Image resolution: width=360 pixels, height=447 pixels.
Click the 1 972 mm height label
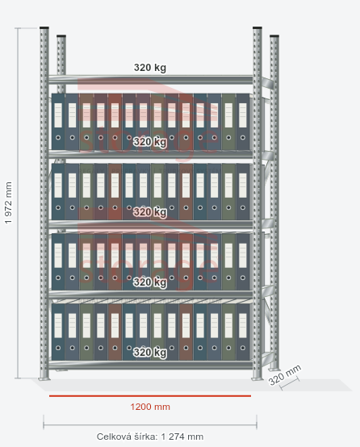[9, 203]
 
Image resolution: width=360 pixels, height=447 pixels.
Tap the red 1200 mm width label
[150, 407]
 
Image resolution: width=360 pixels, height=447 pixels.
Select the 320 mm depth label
[284, 375]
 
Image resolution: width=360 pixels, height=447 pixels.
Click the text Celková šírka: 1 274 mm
[150, 437]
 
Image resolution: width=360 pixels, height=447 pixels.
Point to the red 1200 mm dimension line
[150, 395]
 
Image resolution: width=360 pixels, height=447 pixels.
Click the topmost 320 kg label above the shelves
[150, 68]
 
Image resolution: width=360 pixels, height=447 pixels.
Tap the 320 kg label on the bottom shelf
[150, 353]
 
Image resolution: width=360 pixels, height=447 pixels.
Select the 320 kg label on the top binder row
[150, 142]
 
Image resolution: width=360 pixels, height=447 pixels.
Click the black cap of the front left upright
[44, 28]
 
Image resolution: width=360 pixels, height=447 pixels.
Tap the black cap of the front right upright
[257, 28]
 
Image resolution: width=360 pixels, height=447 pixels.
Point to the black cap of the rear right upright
[274, 36]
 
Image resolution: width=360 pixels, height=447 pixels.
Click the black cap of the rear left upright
[61, 36]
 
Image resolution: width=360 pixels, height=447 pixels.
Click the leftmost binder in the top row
[58, 122]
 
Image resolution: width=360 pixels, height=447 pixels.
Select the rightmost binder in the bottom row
[243, 332]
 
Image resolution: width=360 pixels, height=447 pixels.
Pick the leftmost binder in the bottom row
[58, 332]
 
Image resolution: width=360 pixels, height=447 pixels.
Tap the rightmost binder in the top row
[243, 122]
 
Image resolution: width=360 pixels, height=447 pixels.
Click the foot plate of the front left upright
[44, 378]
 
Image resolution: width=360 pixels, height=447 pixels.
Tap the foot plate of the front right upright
[257, 378]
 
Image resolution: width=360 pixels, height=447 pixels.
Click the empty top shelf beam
[151, 80]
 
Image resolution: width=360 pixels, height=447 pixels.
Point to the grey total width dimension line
[150, 424]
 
